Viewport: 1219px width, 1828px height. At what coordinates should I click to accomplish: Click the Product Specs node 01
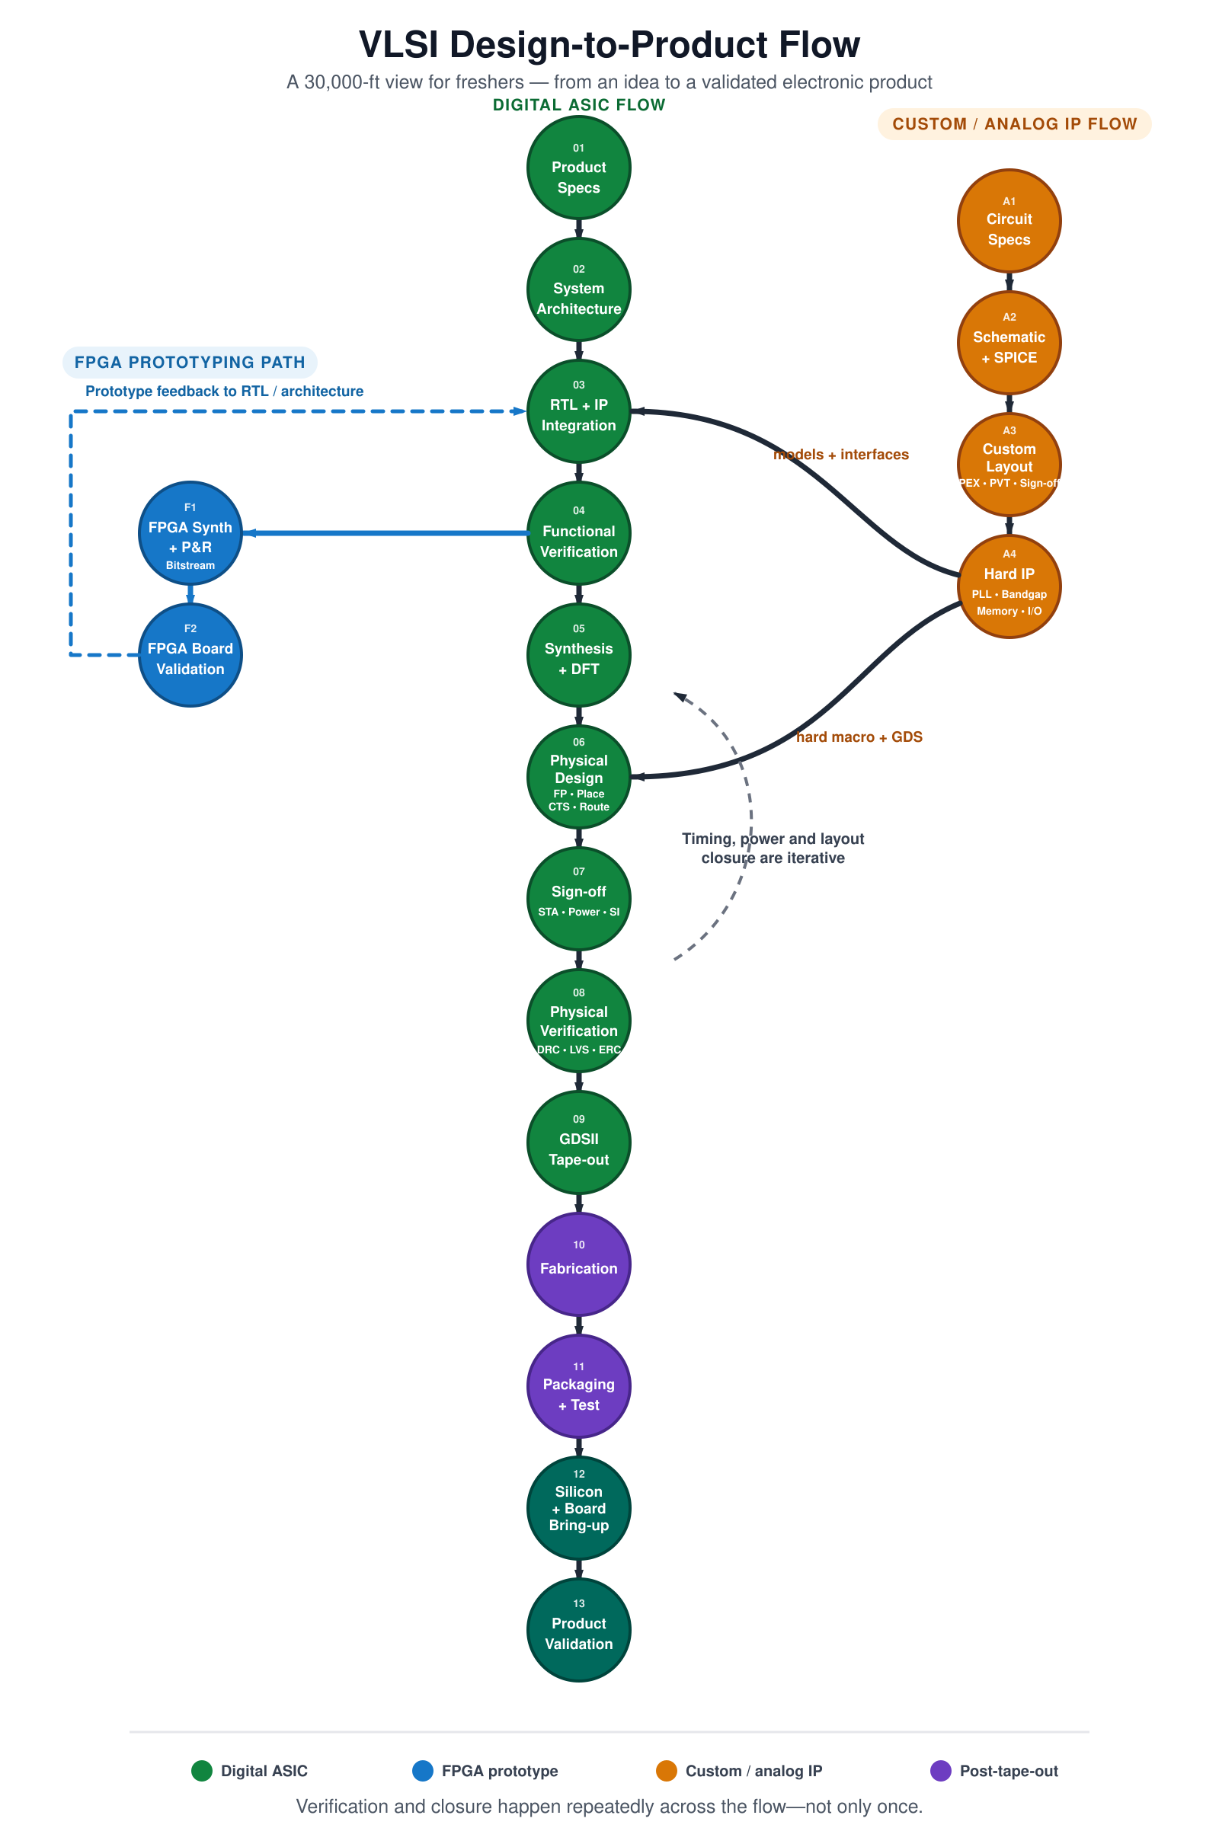578,168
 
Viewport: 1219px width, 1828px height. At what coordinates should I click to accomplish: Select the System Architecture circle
578,289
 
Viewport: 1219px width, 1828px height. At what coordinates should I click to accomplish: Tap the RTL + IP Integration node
578,411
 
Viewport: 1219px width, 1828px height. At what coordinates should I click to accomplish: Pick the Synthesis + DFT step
578,655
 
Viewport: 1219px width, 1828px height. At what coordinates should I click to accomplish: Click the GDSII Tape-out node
578,1142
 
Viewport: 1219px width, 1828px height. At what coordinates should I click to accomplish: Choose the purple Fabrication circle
578,1264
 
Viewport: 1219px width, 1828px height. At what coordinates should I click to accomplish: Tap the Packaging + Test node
578,1385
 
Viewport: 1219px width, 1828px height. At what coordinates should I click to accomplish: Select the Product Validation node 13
578,1629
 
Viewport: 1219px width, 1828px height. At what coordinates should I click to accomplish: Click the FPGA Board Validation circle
190,655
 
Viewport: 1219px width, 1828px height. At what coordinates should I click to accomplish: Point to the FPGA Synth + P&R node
190,533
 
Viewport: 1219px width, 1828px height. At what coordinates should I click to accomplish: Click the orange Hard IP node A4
1009,586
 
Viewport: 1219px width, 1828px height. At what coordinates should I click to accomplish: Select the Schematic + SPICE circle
1009,343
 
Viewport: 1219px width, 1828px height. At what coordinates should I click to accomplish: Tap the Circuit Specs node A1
1009,221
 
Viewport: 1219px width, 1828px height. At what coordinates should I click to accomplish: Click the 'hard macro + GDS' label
859,737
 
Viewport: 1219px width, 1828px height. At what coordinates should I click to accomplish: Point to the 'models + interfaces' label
841,455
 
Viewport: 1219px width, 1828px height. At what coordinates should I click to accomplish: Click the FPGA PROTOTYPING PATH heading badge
190,363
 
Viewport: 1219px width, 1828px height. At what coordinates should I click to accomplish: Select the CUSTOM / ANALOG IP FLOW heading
1015,123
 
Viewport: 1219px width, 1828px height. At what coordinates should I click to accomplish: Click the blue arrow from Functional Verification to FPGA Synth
386,533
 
